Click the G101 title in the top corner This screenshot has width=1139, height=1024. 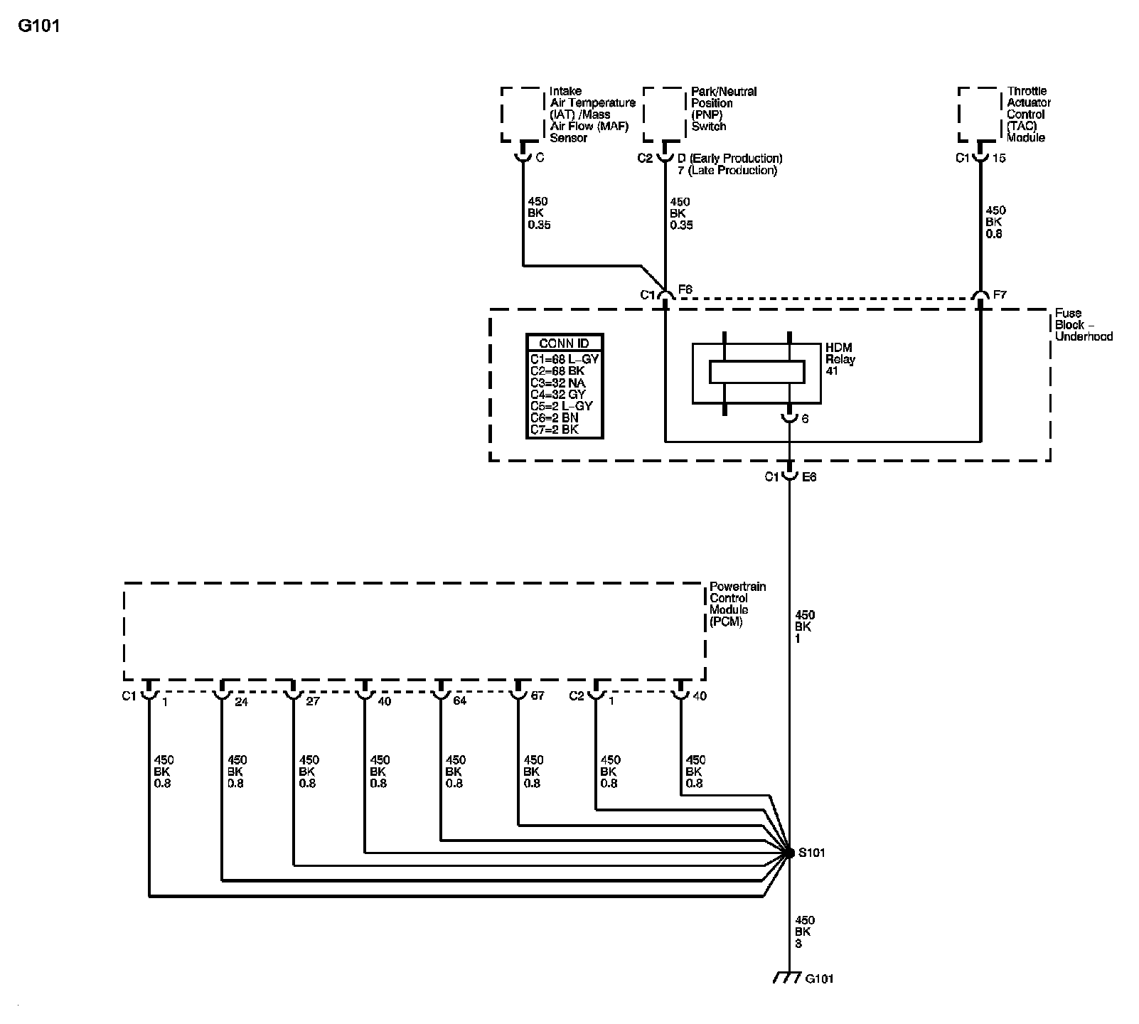39,26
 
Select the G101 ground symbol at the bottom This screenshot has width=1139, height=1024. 786,978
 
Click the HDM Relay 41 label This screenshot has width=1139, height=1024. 840,359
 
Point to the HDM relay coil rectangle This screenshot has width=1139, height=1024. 757,371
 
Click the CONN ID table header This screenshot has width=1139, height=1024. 564,343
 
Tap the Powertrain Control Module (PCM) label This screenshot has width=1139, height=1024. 737,604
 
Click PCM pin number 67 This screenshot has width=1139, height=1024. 538,695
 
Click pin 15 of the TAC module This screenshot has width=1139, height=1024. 999,158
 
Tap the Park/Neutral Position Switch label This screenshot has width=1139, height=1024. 724,109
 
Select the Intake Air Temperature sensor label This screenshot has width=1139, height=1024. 592,114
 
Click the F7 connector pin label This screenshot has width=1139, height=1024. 1000,294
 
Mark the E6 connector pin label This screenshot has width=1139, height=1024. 809,477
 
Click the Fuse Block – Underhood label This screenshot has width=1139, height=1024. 1084,324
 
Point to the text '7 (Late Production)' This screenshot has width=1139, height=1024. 727,171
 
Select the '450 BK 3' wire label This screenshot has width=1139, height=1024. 803,932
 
